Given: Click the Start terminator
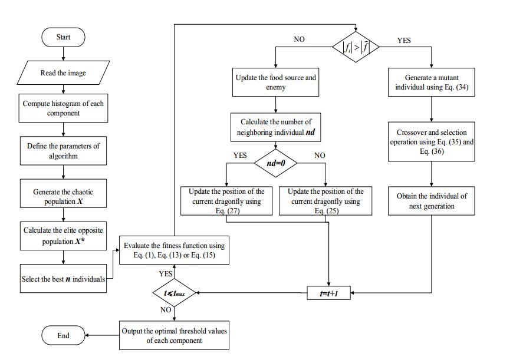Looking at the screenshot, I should click(x=63, y=38).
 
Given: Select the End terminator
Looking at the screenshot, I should click(x=63, y=335).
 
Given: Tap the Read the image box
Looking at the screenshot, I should click(x=63, y=73).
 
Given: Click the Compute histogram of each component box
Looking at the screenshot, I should click(x=63, y=108).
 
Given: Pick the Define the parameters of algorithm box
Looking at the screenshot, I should click(x=63, y=151).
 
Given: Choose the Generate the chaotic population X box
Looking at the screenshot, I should click(x=63, y=196).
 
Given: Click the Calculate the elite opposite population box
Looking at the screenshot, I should click(x=63, y=236).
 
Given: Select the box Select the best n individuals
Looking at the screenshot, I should click(x=63, y=279).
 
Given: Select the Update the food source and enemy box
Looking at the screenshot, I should click(x=275, y=82).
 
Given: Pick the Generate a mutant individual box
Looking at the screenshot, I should click(x=432, y=82).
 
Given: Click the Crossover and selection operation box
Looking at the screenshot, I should click(x=432, y=142).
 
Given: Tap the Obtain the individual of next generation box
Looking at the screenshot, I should click(x=432, y=201).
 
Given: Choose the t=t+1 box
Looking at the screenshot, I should click(x=329, y=292).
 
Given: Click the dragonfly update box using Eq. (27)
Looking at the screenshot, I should click(x=226, y=201).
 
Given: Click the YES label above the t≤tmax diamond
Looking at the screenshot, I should click(x=166, y=274).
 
